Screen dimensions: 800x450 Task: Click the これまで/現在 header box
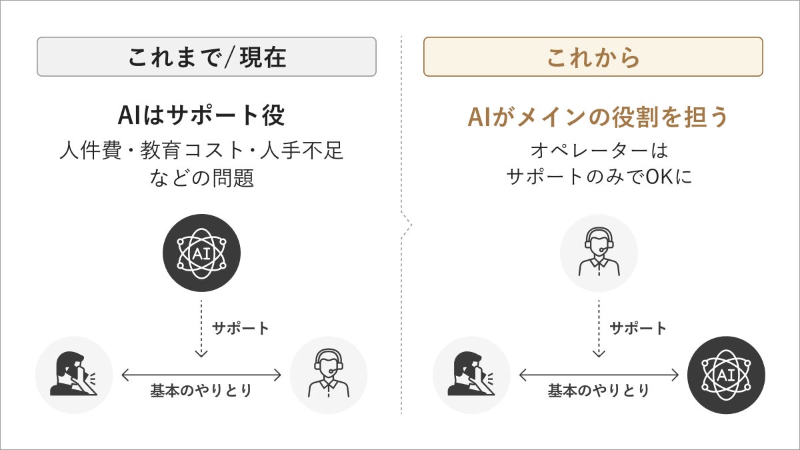207,57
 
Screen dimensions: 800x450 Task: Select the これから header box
593,57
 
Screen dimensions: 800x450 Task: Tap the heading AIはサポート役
201,116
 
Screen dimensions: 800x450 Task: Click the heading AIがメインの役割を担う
598,117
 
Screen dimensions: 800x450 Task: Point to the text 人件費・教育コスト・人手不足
201,151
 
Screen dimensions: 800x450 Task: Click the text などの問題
202,178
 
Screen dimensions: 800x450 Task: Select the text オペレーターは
598,150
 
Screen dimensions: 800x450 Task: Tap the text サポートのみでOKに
598,177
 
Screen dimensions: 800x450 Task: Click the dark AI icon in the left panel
201,253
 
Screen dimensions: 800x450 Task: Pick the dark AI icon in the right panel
726,375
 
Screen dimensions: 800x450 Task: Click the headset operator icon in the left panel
328,375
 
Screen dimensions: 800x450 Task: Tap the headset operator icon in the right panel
599,253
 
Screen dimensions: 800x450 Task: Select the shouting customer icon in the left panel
74,375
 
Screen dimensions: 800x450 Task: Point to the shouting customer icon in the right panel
472,375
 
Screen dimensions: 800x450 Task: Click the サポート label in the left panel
241,328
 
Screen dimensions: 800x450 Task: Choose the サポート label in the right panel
638,328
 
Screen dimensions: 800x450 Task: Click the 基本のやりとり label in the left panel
201,391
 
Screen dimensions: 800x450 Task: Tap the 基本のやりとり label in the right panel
599,391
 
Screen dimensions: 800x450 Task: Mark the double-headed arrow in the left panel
201,375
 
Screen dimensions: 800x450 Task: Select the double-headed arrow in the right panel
599,375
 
